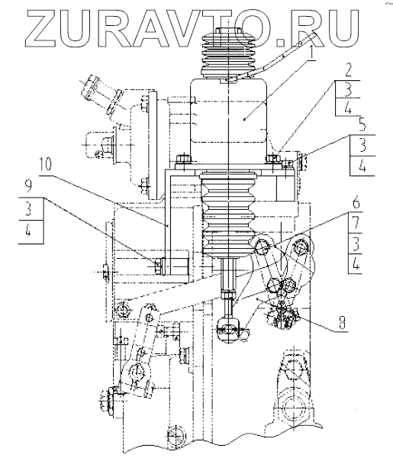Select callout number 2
pos(348,71)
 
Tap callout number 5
pos(362,125)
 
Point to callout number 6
pos(356,203)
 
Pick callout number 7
pos(356,223)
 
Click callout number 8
pos(342,323)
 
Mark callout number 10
pos(45,166)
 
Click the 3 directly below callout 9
pos(28,208)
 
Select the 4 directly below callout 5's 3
pos(362,166)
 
